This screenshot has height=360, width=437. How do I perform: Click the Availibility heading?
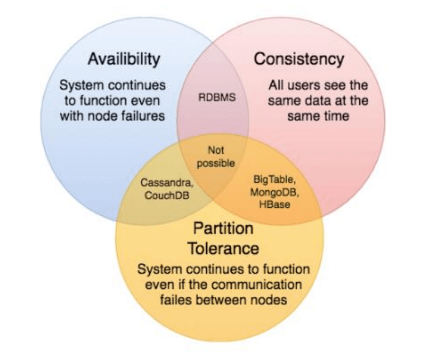[x=123, y=59]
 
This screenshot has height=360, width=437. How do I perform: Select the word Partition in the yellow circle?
[x=223, y=229]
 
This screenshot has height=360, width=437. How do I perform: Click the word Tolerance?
[x=223, y=247]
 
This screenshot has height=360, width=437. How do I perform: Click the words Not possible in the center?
[x=216, y=157]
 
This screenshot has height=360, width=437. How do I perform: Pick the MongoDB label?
[x=273, y=193]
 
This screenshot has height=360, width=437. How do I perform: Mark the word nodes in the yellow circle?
[x=269, y=300]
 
